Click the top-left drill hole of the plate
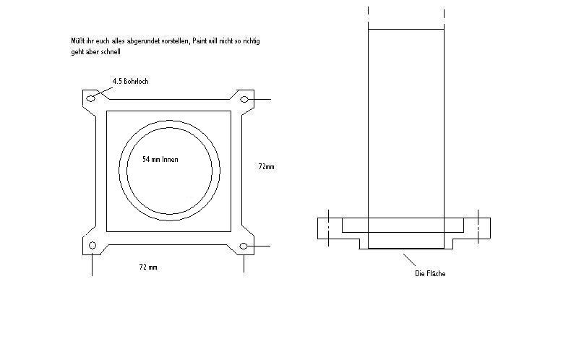coord(91,98)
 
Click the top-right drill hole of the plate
coord(244,98)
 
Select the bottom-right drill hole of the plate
coord(244,247)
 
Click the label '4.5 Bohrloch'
coord(130,82)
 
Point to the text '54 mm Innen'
coord(160,159)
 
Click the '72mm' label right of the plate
coord(266,167)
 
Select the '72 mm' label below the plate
coord(147,267)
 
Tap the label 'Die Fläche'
coord(429,273)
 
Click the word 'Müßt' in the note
coord(70,41)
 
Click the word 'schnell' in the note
coord(111,52)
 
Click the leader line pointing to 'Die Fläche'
coord(410,260)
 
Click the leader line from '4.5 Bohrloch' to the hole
coord(103,90)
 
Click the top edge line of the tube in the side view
coord(405,30)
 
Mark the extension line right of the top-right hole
coord(260,98)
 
